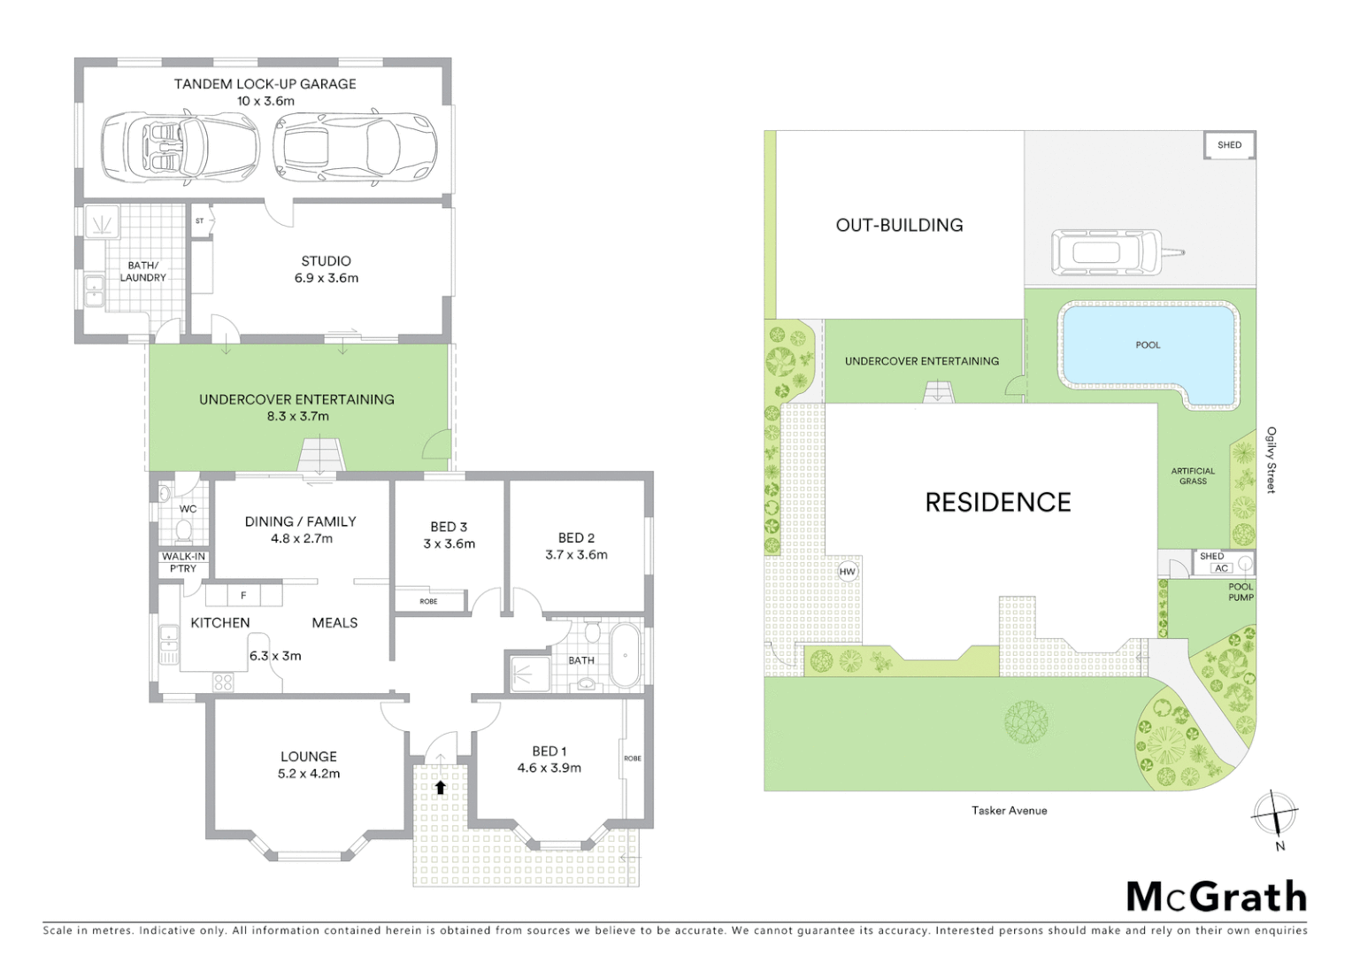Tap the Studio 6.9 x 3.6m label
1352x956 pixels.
point(326,269)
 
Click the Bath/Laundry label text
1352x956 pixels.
point(142,271)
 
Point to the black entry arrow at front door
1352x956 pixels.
point(440,786)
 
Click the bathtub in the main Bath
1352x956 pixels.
point(625,656)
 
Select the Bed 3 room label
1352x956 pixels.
point(449,535)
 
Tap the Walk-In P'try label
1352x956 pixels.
point(183,562)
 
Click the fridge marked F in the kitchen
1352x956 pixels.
point(243,595)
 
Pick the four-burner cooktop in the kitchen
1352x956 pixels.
point(223,682)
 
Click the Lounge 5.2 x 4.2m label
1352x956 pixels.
point(308,764)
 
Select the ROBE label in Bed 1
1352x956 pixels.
point(633,758)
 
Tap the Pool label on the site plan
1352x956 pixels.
point(1148,345)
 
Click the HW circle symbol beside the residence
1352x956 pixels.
point(848,571)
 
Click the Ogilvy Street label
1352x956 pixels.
point(1271,459)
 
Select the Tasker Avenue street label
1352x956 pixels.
point(1009,810)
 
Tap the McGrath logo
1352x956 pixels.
point(1216,897)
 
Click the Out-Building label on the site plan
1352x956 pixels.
point(899,225)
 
